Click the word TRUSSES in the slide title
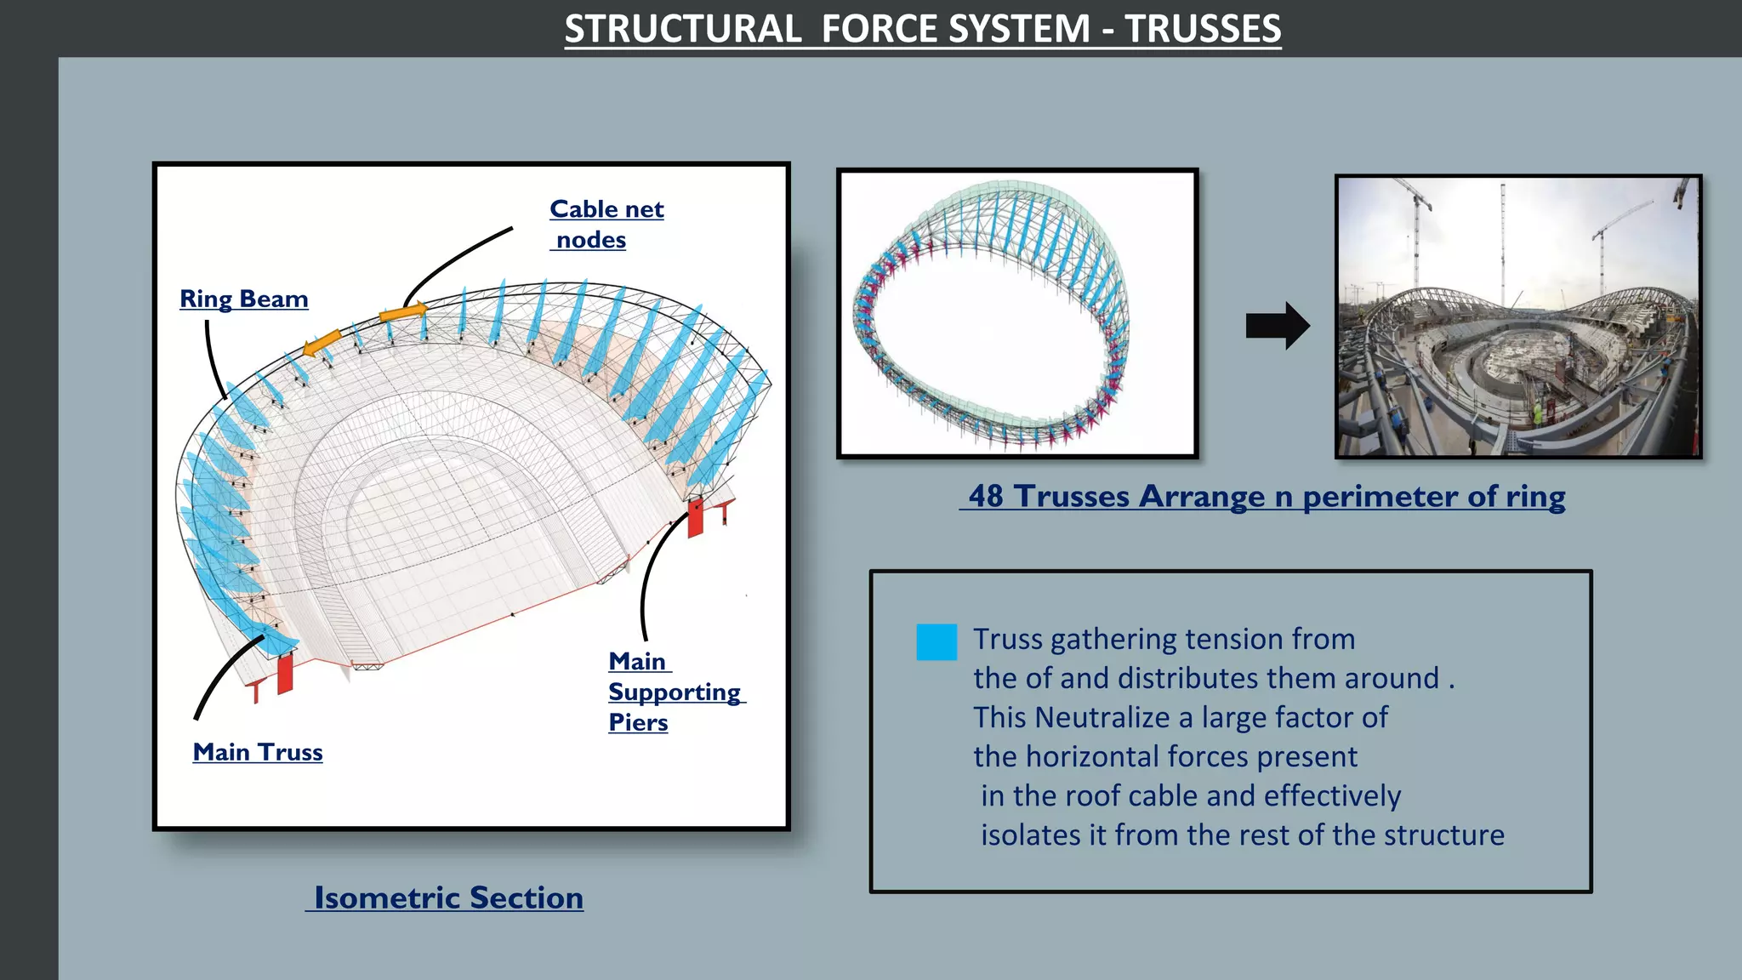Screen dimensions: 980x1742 [x=1203, y=29]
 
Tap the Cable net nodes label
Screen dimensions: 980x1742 [x=606, y=224]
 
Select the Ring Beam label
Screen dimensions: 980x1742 [x=243, y=299]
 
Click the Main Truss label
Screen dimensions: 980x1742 [x=258, y=752]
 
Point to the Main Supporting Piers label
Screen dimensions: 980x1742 [x=675, y=692]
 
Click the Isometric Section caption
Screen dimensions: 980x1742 [x=447, y=897]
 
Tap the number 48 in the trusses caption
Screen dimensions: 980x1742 [x=987, y=496]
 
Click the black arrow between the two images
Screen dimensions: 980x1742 [x=1277, y=326]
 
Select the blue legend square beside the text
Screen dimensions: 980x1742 [x=936, y=642]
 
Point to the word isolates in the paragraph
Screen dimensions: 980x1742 [x=1031, y=835]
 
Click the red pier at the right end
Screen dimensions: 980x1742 [x=696, y=518]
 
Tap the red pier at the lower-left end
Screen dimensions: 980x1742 [x=285, y=672]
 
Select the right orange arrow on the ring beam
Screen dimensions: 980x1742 [x=403, y=313]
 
